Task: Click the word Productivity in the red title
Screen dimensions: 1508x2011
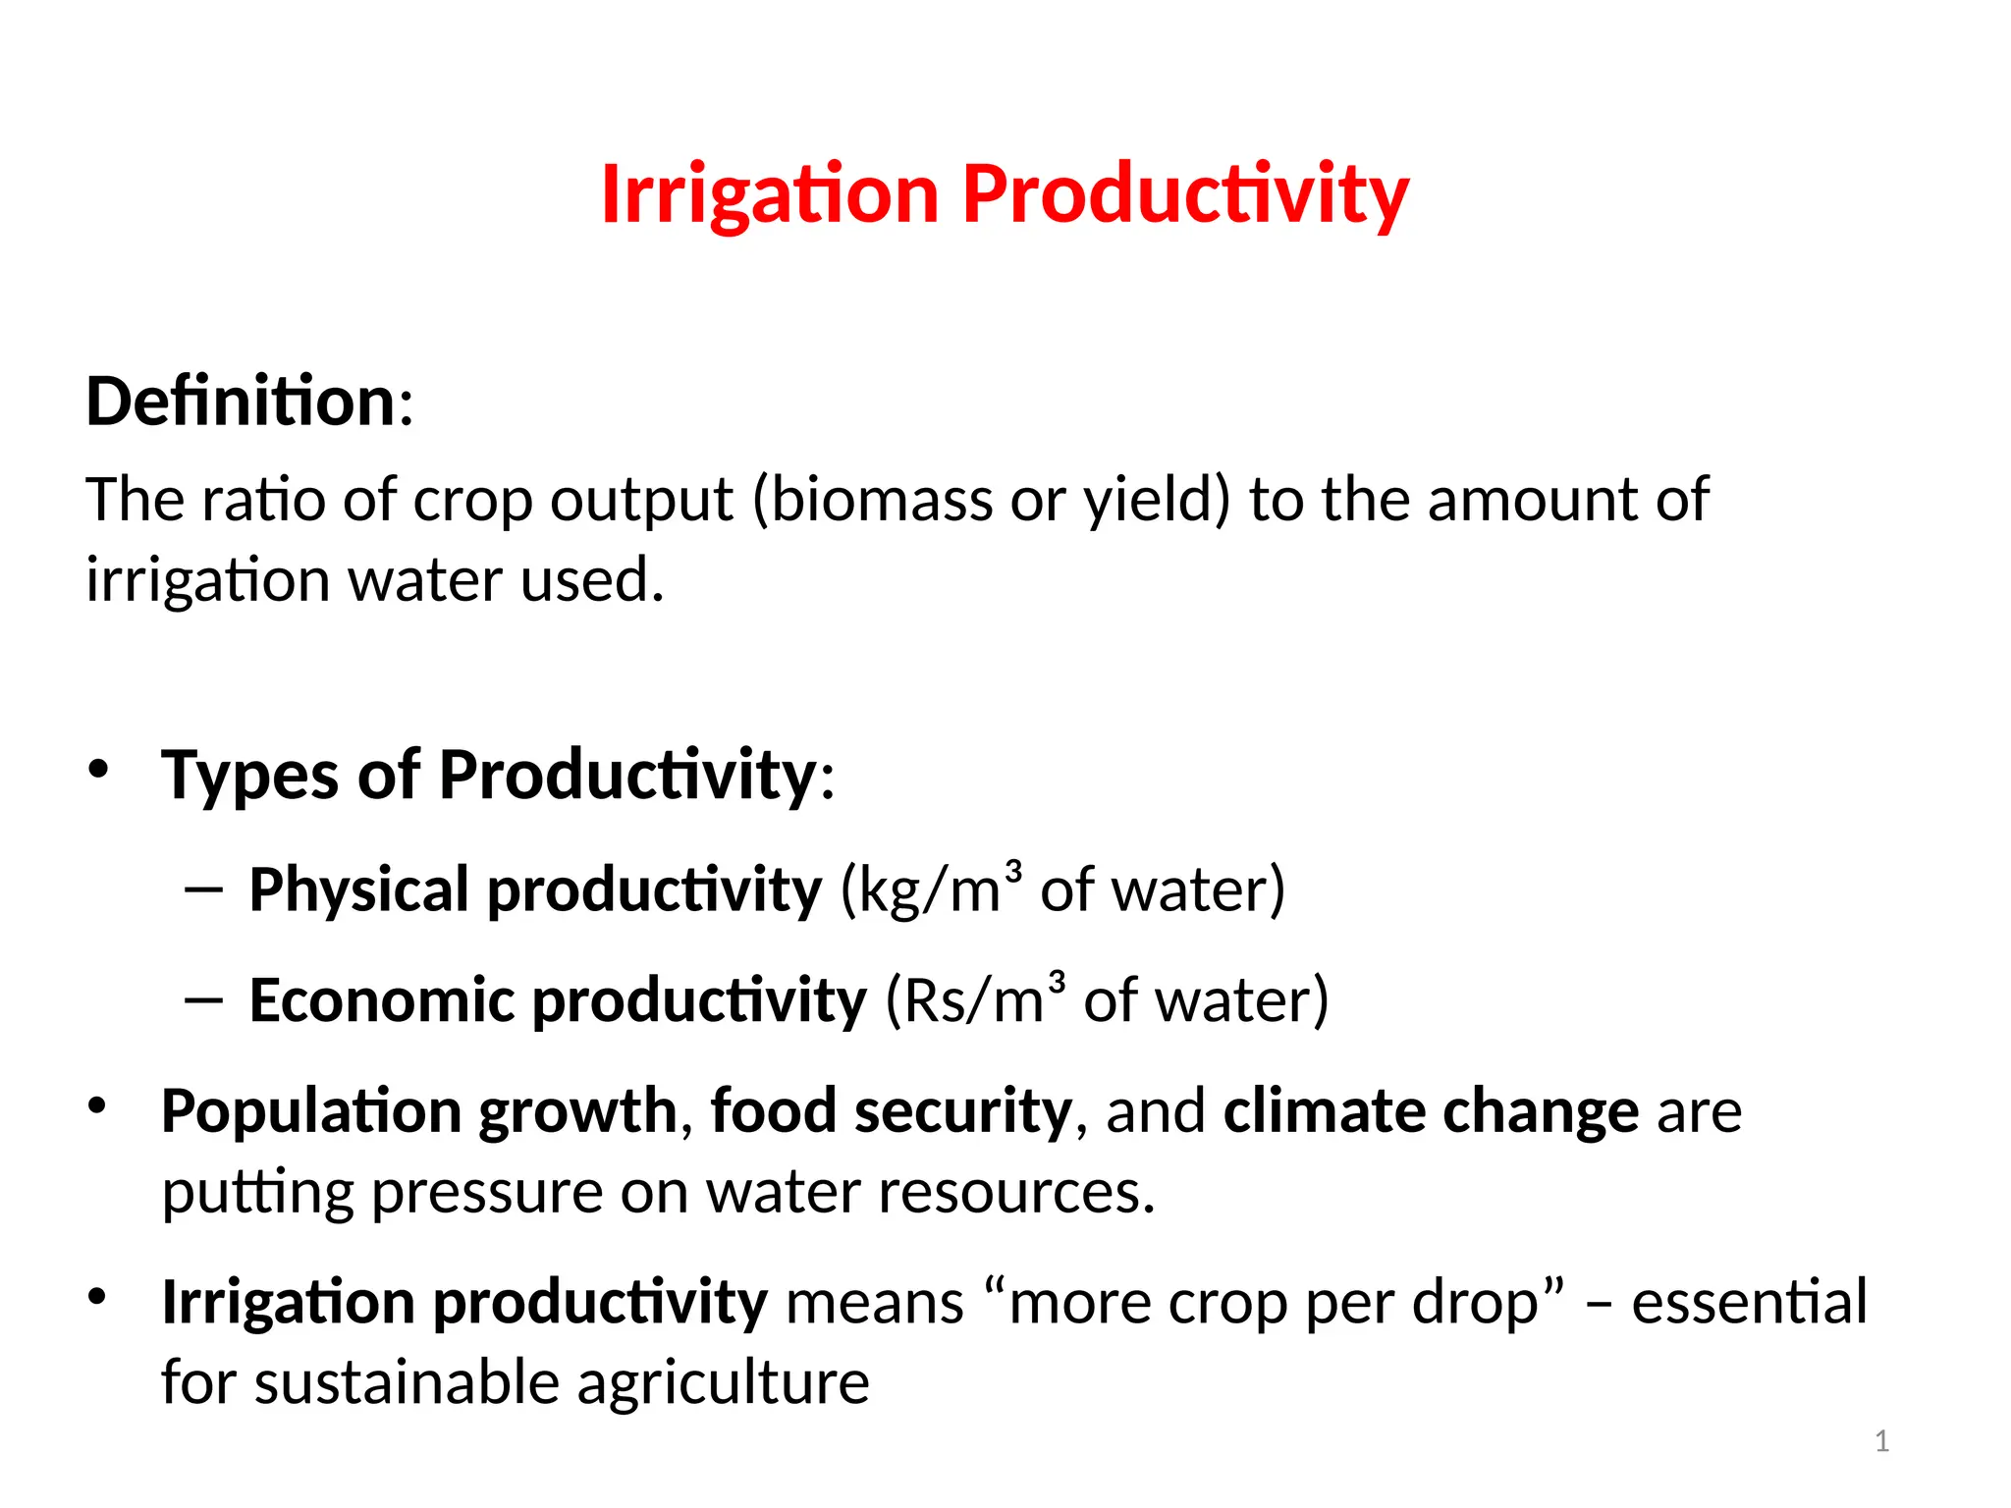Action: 1185,194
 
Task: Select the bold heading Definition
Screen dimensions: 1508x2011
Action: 241,402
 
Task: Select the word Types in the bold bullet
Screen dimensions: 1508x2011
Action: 249,776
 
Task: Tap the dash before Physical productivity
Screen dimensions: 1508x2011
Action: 203,889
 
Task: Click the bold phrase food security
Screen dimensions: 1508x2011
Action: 891,1111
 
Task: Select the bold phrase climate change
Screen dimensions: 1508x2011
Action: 1431,1111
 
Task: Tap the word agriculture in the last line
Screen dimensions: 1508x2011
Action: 723,1382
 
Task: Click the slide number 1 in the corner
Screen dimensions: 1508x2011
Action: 1881,1441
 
